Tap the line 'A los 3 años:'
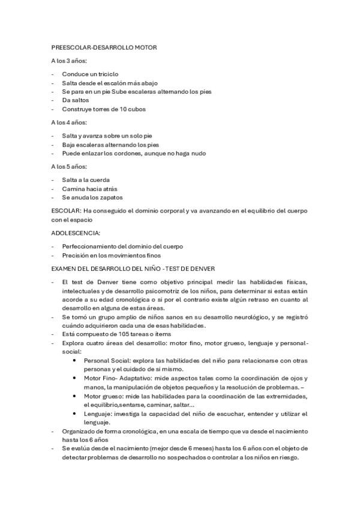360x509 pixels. (69, 61)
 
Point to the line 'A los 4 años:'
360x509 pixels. (69, 122)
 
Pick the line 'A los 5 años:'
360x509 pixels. (69, 166)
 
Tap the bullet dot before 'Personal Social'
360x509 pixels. (74, 360)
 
